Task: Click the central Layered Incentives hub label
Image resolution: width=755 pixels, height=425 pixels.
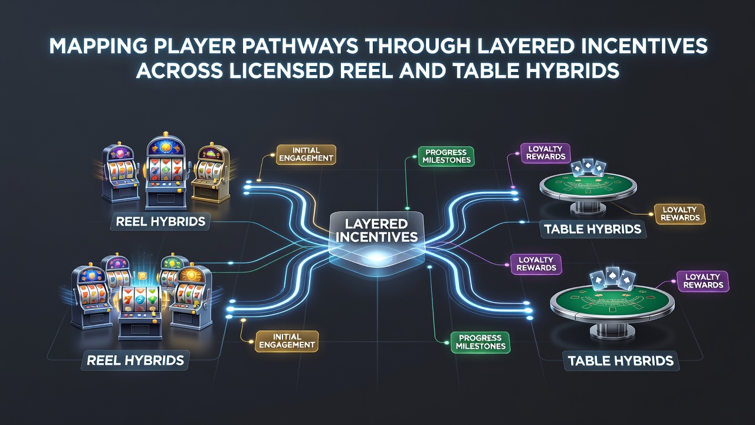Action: coord(376,230)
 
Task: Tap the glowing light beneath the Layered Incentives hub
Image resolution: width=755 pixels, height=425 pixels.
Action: coord(376,258)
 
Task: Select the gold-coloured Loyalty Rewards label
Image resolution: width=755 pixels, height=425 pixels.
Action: coord(680,214)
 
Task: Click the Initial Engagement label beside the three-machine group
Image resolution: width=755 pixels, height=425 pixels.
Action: coord(306,155)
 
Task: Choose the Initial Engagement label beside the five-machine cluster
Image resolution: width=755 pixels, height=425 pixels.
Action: coord(287,341)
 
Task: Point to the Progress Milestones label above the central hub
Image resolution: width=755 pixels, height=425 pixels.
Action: coord(447,156)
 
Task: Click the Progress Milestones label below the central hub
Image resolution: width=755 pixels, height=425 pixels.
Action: coord(480,342)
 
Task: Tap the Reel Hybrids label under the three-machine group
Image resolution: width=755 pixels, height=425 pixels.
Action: coord(160,221)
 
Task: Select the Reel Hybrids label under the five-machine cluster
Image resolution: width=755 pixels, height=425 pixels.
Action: coord(136,361)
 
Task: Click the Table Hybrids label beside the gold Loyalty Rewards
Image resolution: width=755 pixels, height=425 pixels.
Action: coord(593,230)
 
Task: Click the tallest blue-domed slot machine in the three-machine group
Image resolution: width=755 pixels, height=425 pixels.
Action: coord(166,171)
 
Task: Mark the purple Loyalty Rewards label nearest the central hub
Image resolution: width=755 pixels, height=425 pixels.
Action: coord(536,264)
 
